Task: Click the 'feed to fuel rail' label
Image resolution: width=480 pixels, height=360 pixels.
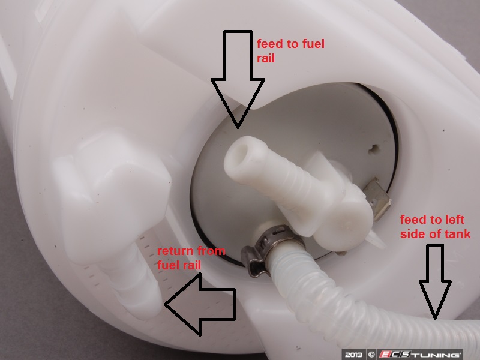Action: (x=290, y=51)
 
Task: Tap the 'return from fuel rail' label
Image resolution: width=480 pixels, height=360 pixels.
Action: (x=191, y=258)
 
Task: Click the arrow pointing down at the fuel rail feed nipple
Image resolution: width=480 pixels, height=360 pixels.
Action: (x=238, y=79)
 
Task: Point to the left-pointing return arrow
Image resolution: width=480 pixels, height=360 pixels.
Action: (x=200, y=305)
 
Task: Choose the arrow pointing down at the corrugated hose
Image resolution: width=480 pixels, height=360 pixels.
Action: (x=435, y=281)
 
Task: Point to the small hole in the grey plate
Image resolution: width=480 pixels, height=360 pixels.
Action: (x=373, y=149)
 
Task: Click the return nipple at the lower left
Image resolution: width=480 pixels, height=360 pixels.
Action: (x=134, y=284)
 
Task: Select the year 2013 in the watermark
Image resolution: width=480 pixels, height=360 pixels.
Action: (x=353, y=355)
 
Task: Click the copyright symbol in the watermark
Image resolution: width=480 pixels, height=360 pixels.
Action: (x=371, y=355)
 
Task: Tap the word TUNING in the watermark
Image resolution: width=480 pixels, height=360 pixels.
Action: (x=439, y=355)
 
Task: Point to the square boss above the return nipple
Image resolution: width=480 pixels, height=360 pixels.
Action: (x=112, y=196)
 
